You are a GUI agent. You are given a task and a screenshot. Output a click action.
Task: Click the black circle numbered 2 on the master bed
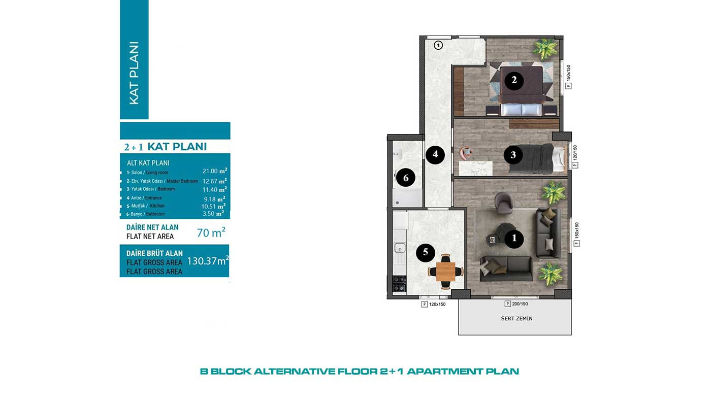click(x=514, y=80)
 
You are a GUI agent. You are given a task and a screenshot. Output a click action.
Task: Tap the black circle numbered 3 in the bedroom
click(x=513, y=155)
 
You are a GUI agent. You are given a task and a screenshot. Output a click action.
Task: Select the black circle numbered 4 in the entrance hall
click(x=435, y=154)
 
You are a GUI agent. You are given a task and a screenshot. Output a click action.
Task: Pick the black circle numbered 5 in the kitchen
click(x=426, y=252)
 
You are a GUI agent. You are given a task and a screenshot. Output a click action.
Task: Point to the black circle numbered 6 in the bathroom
click(x=406, y=178)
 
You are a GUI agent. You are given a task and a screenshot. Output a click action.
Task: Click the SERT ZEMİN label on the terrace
click(x=517, y=318)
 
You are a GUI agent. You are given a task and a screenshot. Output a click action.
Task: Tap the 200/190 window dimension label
click(x=520, y=304)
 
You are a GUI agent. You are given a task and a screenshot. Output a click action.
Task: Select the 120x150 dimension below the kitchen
click(x=437, y=305)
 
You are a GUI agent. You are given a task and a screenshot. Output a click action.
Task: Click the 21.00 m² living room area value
click(x=215, y=171)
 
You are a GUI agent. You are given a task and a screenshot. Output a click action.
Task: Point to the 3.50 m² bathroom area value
click(x=213, y=214)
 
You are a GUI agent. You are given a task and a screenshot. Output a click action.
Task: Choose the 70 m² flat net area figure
click(x=211, y=232)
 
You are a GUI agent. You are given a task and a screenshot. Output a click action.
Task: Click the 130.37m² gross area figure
click(x=208, y=261)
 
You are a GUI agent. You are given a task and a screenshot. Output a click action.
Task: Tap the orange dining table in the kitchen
click(x=446, y=272)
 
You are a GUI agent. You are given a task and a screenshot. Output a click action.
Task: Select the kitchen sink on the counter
click(x=400, y=247)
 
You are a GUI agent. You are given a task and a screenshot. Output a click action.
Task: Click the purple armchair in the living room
click(x=503, y=203)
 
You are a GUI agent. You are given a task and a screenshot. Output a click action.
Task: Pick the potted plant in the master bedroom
click(x=545, y=49)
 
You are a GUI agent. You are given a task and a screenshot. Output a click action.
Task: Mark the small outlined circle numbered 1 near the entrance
click(x=438, y=46)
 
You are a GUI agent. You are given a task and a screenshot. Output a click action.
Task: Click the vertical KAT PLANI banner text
click(x=134, y=73)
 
